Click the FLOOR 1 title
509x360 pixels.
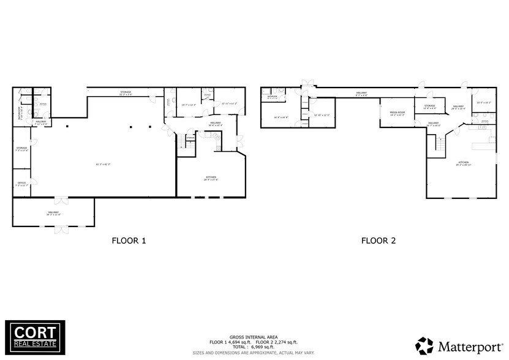point(129,241)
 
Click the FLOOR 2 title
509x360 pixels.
point(378,241)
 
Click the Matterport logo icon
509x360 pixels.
point(424,345)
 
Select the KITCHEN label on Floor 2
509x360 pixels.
point(462,162)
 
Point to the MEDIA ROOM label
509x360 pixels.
point(398,113)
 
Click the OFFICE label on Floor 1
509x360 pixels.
point(21,183)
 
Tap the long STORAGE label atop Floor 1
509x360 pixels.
point(126,92)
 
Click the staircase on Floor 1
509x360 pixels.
point(181,143)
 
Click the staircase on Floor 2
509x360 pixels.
point(439,145)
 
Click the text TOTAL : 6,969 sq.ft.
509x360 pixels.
point(254,347)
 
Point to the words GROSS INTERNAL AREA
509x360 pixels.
point(254,337)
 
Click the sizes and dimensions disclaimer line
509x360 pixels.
point(254,352)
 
